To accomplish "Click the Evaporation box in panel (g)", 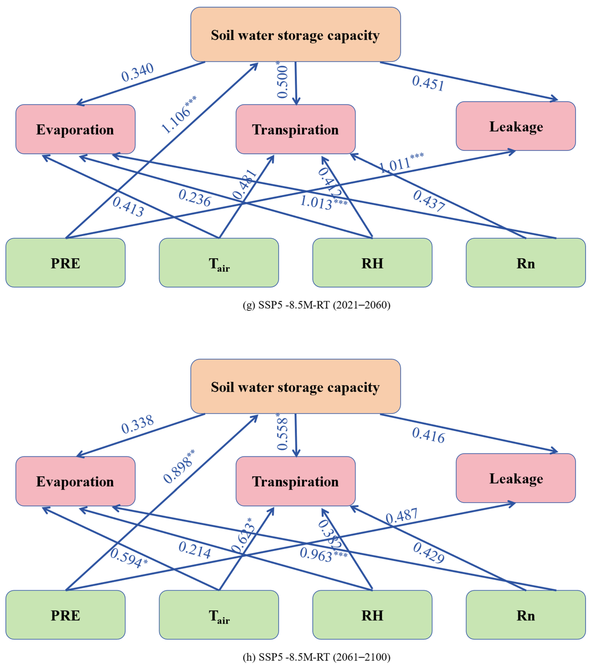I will pyautogui.click(x=75, y=129).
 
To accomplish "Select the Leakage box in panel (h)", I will pyautogui.click(x=516, y=479).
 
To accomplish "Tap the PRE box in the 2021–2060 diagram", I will pyautogui.click(x=65, y=263).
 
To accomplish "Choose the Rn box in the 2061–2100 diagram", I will pyautogui.click(x=526, y=615).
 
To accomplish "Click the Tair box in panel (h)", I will pyautogui.click(x=219, y=615).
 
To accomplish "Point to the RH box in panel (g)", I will pyautogui.click(x=372, y=263).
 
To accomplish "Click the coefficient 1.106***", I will pyautogui.click(x=178, y=115).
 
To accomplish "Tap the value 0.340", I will pyautogui.click(x=137, y=72).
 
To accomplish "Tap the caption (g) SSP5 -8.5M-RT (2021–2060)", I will pyautogui.click(x=316, y=305).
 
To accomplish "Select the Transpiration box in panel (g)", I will pyautogui.click(x=295, y=129).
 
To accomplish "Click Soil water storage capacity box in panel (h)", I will pyautogui.click(x=295, y=387).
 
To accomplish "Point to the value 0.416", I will pyautogui.click(x=428, y=435).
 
